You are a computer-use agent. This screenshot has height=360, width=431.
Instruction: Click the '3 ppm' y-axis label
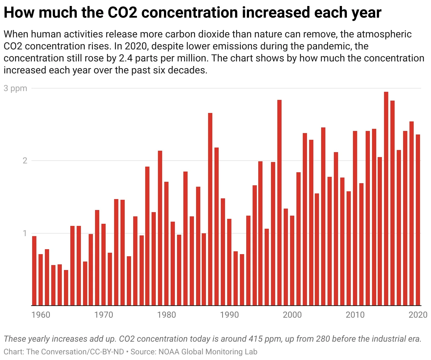click(x=16, y=88)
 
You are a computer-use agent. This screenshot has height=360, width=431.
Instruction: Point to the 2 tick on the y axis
click(x=25, y=161)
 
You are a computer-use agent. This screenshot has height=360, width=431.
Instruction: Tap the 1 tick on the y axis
click(x=25, y=233)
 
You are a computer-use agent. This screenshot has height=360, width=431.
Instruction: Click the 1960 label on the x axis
click(x=41, y=314)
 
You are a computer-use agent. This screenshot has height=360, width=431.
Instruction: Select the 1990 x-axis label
click(x=229, y=314)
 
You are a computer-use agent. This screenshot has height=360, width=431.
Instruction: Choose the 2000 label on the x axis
click(x=292, y=314)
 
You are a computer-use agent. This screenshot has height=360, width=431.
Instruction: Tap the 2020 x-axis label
click(x=419, y=314)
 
